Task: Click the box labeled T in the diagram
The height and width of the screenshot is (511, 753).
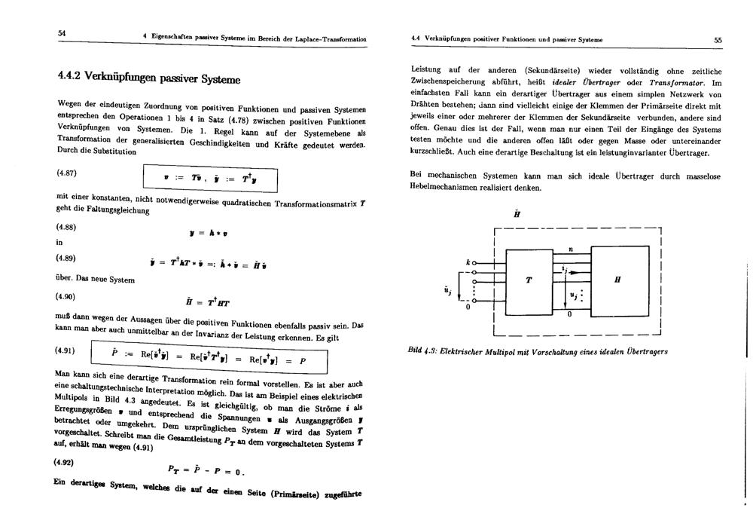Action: [529, 280]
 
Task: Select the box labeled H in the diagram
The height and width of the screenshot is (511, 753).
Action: [617, 280]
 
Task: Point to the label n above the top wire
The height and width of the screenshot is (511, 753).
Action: [570, 249]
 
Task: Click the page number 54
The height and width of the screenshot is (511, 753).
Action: [61, 32]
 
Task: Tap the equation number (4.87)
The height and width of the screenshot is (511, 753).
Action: [67, 173]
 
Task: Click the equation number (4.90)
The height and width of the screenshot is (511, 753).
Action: [67, 295]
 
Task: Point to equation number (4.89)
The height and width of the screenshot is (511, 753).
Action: [67, 258]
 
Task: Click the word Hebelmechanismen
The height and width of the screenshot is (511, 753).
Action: [450, 187]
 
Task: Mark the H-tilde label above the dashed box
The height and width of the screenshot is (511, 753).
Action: [517, 214]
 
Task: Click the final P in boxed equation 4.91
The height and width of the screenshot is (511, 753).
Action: [302, 361]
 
